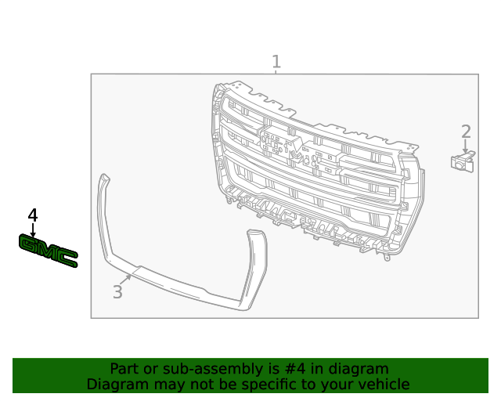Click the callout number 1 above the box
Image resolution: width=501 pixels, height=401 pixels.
[x=276, y=61]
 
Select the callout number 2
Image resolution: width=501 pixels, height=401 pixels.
[x=466, y=132]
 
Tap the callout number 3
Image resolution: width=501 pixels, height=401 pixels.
[x=117, y=292]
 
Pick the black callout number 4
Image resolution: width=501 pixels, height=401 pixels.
[x=33, y=215]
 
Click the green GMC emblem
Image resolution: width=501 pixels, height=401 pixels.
[x=48, y=251]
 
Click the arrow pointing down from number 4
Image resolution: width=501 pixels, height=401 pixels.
[x=33, y=229]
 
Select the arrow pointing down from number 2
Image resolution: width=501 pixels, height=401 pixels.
[x=466, y=147]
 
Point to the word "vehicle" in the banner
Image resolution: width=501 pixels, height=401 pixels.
[x=383, y=385]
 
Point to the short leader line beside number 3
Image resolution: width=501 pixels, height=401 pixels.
[x=125, y=279]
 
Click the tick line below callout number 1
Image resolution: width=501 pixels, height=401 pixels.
[x=276, y=72]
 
